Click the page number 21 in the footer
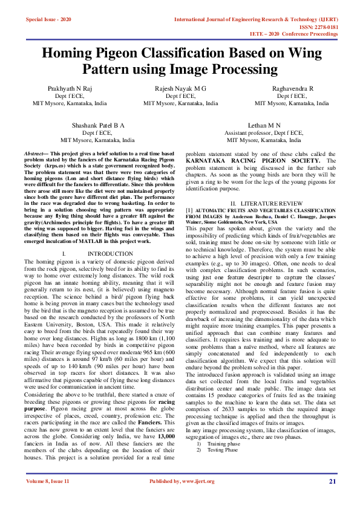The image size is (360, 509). (332, 481)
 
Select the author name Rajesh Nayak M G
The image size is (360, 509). (180, 88)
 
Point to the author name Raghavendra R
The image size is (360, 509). (292, 88)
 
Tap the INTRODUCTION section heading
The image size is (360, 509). (110, 253)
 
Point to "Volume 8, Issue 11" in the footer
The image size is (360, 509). (48, 481)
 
